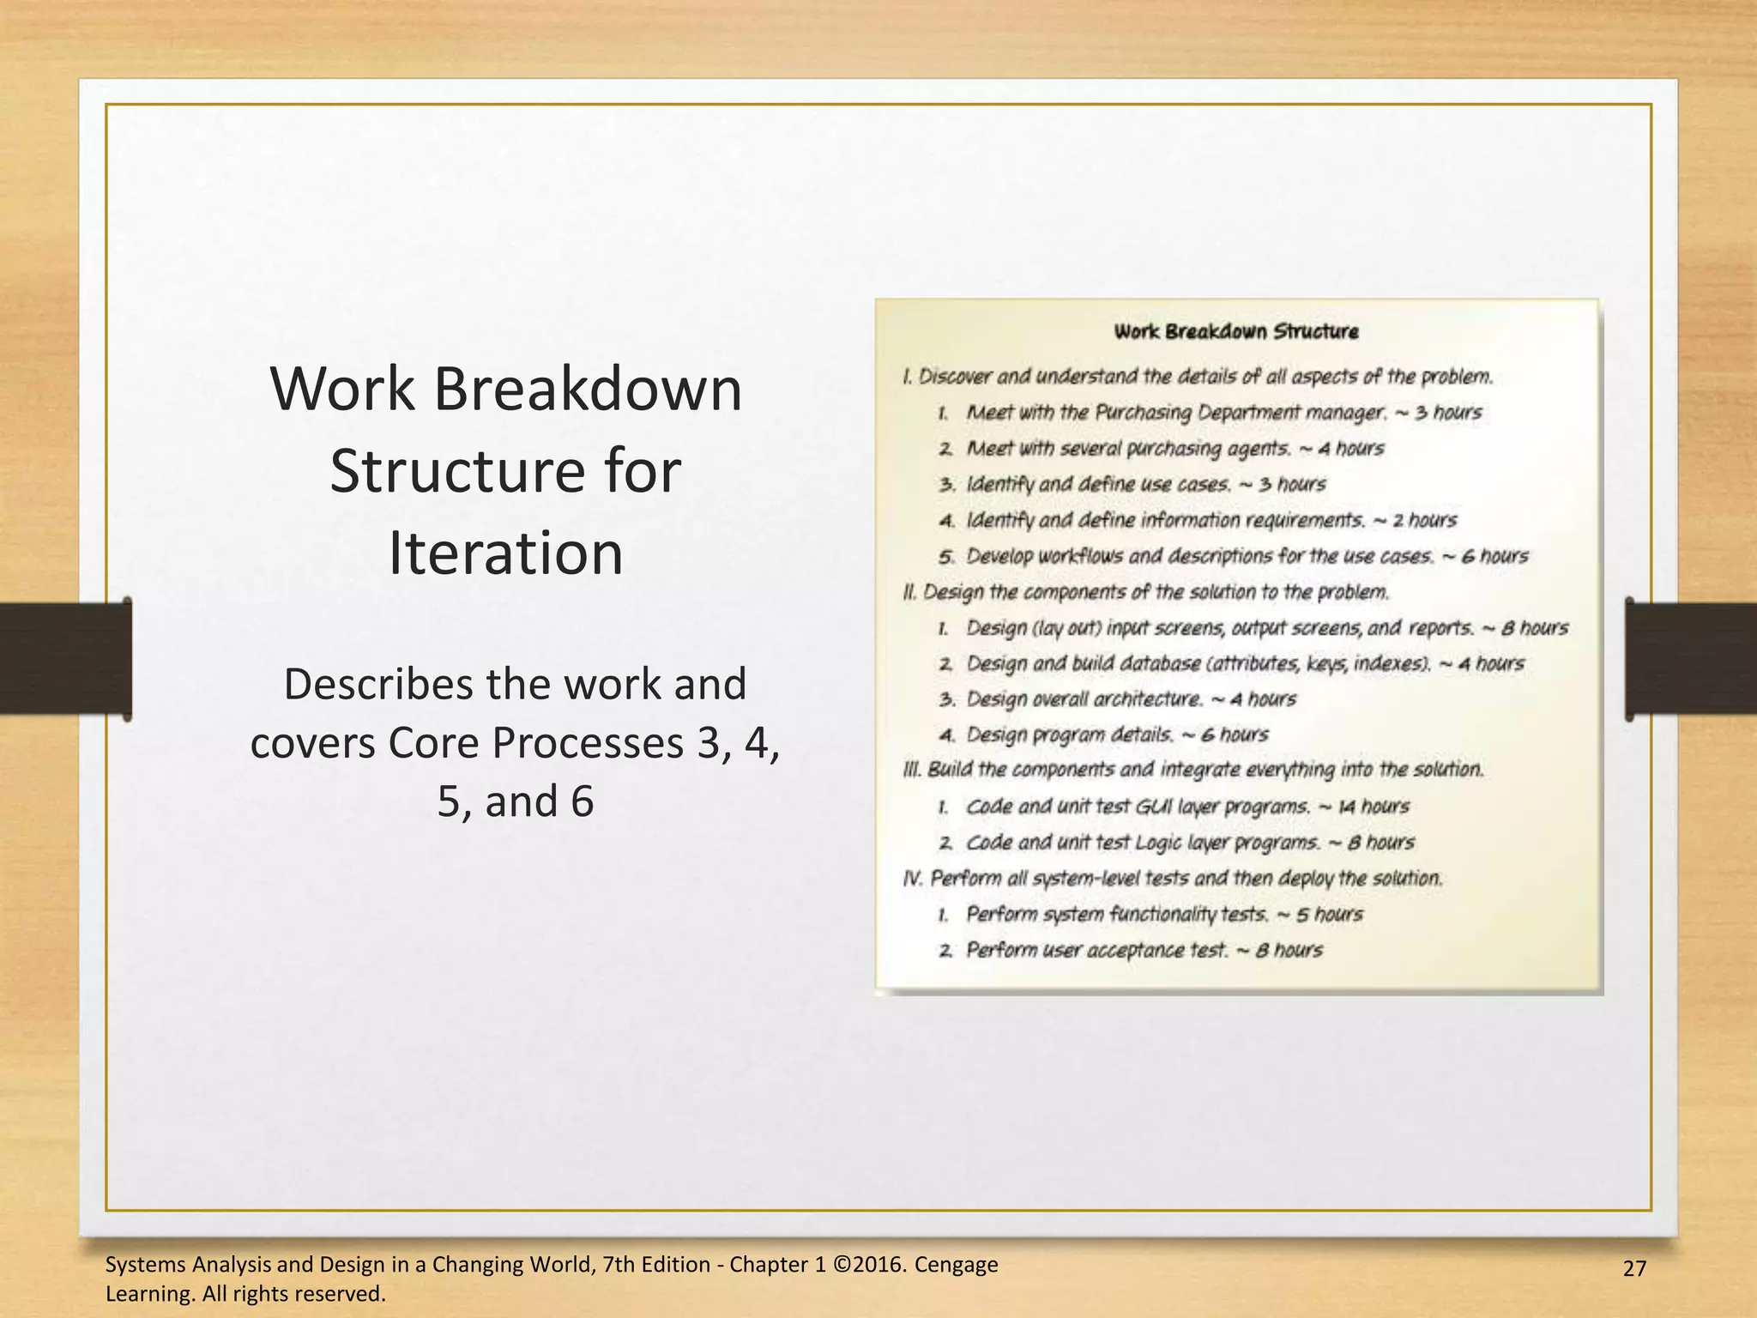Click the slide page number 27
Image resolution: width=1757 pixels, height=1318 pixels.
pos(1635,1268)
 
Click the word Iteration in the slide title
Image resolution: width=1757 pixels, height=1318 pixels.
pos(505,553)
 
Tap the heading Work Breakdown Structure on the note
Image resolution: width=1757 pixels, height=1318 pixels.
pos(1235,332)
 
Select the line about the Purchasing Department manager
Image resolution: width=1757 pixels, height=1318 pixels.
pos(1223,413)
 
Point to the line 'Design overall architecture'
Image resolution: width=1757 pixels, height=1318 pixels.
pos(1131,699)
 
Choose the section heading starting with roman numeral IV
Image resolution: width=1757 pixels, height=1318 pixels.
pos(1173,879)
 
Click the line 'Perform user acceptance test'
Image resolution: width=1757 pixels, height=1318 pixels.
pos(1144,950)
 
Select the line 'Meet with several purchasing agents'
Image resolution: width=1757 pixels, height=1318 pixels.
pos(1174,449)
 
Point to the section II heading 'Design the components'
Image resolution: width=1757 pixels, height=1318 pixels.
pos(1145,592)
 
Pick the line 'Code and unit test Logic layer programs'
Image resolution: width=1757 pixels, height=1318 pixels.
pos(1189,843)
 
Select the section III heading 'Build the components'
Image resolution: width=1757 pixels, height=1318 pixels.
pos(1192,770)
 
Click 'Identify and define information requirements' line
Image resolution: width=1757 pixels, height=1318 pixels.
pos(1211,520)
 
